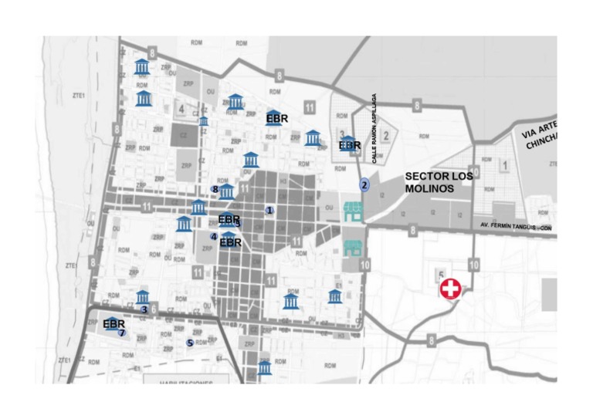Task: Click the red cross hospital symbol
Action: click(450, 289)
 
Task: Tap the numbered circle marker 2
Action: click(364, 184)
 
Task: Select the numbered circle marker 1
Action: click(269, 210)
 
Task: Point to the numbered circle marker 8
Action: click(215, 189)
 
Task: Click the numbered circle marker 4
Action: click(213, 236)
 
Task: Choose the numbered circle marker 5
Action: click(190, 343)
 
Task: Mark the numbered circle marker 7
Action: click(122, 333)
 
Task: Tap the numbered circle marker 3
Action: click(144, 309)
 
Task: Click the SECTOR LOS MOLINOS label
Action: click(439, 182)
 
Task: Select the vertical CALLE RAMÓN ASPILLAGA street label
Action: click(374, 128)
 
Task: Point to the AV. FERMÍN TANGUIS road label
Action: click(516, 225)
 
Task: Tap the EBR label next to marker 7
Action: click(114, 324)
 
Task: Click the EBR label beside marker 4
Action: click(231, 242)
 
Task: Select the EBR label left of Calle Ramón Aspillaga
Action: click(350, 145)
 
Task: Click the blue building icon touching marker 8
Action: click(226, 191)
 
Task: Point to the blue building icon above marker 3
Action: click(142, 297)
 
